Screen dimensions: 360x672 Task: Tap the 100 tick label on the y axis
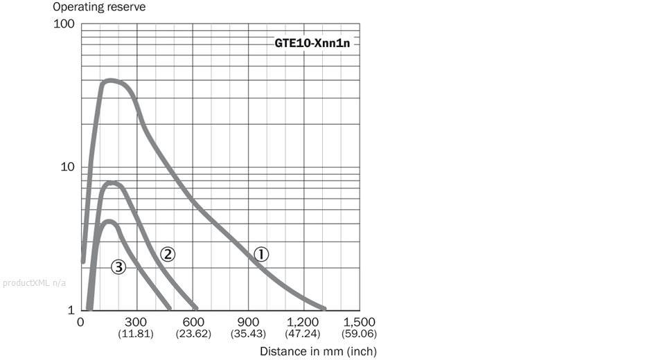coord(64,24)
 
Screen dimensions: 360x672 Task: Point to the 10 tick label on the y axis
coord(67,168)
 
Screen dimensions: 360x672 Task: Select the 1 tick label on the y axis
coord(71,310)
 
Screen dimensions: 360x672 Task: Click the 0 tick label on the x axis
coord(81,322)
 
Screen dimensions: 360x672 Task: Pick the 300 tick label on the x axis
coord(137,322)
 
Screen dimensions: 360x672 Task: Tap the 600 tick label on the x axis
coord(193,322)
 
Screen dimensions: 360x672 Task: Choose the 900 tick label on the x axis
coord(248,322)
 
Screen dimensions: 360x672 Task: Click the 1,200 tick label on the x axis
coord(303,322)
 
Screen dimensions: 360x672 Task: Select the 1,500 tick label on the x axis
coord(360,322)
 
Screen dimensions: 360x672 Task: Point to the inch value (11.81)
coord(137,334)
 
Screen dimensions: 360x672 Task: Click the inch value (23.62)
coord(193,334)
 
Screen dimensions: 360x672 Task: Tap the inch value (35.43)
coord(248,334)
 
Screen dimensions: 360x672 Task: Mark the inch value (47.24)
coord(303,334)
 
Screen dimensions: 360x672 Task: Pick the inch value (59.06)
coord(360,334)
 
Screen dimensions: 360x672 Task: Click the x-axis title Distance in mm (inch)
coord(318,351)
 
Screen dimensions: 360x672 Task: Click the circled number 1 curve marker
coord(260,254)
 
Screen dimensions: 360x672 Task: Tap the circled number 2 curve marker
coord(167,254)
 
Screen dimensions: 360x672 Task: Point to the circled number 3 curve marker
coord(118,266)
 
